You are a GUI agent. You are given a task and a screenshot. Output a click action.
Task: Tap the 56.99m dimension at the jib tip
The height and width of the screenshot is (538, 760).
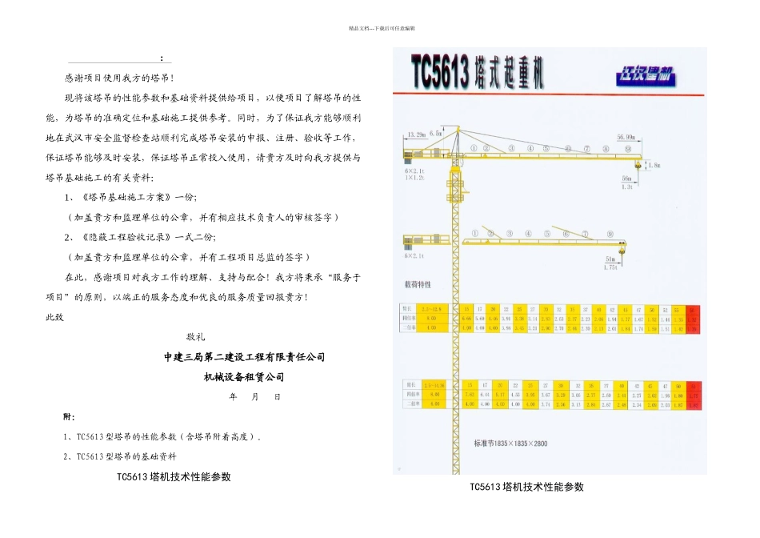626,137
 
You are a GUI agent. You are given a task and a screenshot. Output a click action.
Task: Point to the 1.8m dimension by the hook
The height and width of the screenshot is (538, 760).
654,165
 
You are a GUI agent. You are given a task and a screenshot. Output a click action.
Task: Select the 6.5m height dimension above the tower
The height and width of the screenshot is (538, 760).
436,133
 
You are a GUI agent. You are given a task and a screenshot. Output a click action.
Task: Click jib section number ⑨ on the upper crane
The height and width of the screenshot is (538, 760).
628,149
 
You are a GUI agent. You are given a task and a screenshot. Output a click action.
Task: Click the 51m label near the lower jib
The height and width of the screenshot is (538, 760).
613,259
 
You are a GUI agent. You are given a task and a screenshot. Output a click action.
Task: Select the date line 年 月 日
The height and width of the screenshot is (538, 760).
254,397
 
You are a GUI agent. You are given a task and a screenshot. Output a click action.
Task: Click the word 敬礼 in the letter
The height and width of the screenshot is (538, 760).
196,337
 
